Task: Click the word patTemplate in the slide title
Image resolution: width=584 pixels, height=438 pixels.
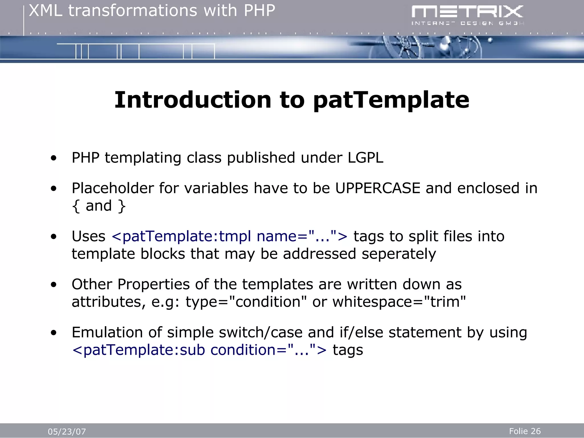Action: (391, 100)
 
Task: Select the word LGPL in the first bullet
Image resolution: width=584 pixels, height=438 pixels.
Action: (365, 157)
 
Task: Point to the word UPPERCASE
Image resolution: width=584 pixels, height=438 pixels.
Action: (378, 188)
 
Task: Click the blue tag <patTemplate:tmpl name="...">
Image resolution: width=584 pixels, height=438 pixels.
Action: (230, 236)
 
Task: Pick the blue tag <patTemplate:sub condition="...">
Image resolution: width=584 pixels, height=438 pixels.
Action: (199, 350)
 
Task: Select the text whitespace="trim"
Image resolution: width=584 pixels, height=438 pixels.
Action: (399, 302)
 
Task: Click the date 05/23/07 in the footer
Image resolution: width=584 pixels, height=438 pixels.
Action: (67, 432)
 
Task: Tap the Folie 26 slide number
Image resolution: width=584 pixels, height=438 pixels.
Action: (525, 431)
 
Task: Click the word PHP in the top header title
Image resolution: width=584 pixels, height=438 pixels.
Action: (259, 11)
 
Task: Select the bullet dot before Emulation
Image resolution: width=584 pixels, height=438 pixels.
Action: (54, 333)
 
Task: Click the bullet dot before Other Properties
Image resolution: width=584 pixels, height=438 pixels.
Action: (54, 285)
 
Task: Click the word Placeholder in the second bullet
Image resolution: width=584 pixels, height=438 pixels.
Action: (113, 188)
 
